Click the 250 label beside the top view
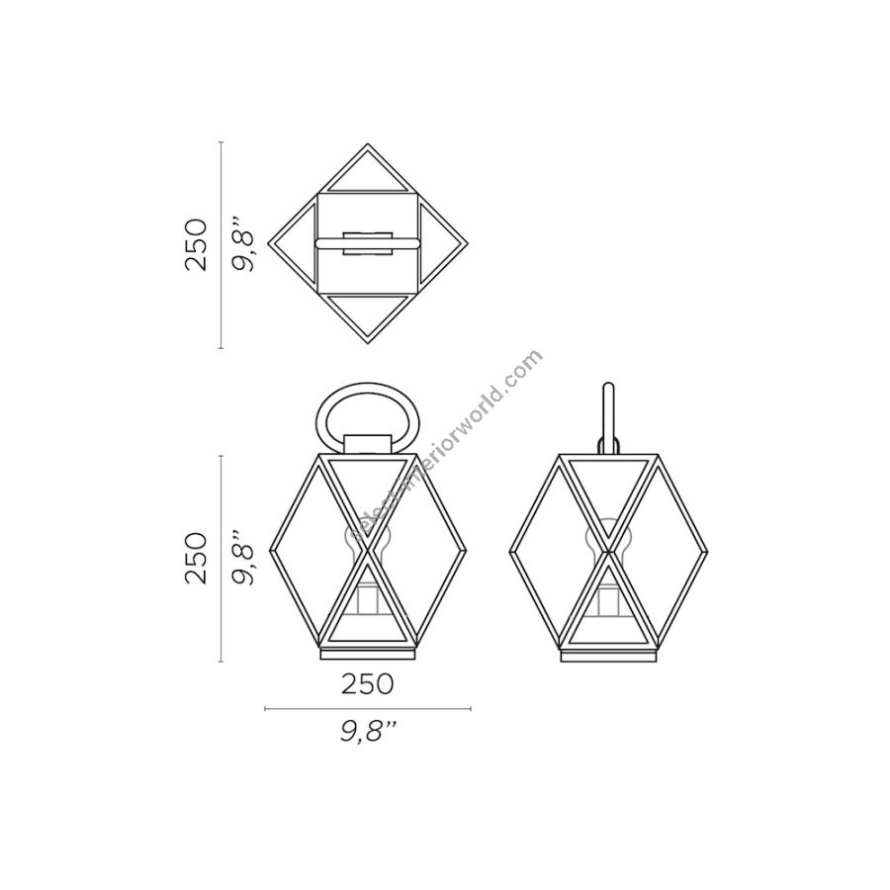pyautogui.click(x=197, y=244)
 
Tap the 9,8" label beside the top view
pyautogui.click(x=244, y=245)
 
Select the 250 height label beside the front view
pyautogui.click(x=197, y=558)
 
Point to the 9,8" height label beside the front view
pyautogui.click(x=244, y=558)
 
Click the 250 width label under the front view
pyautogui.click(x=367, y=684)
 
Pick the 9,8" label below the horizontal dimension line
pyautogui.click(x=368, y=732)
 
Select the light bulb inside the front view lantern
pyautogui.click(x=367, y=542)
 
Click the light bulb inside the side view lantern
pyautogui.click(x=608, y=542)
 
